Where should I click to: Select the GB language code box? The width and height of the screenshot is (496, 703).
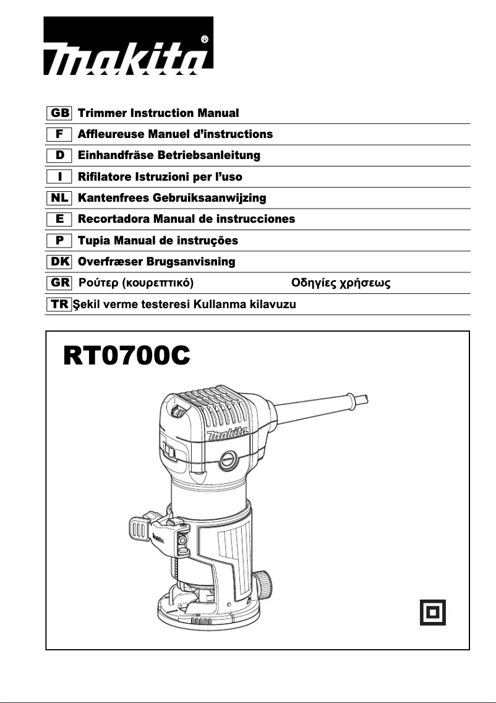[59, 113]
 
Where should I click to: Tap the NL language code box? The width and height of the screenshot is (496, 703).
[59, 198]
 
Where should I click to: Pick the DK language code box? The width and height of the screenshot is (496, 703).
[59, 262]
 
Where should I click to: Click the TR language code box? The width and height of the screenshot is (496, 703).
[59, 304]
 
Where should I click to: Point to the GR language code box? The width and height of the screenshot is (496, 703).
[59, 283]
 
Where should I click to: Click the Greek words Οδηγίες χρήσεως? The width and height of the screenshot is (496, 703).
[341, 284]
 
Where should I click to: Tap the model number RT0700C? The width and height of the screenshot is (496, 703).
[126, 357]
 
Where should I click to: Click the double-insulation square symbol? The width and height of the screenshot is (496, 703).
[433, 613]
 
